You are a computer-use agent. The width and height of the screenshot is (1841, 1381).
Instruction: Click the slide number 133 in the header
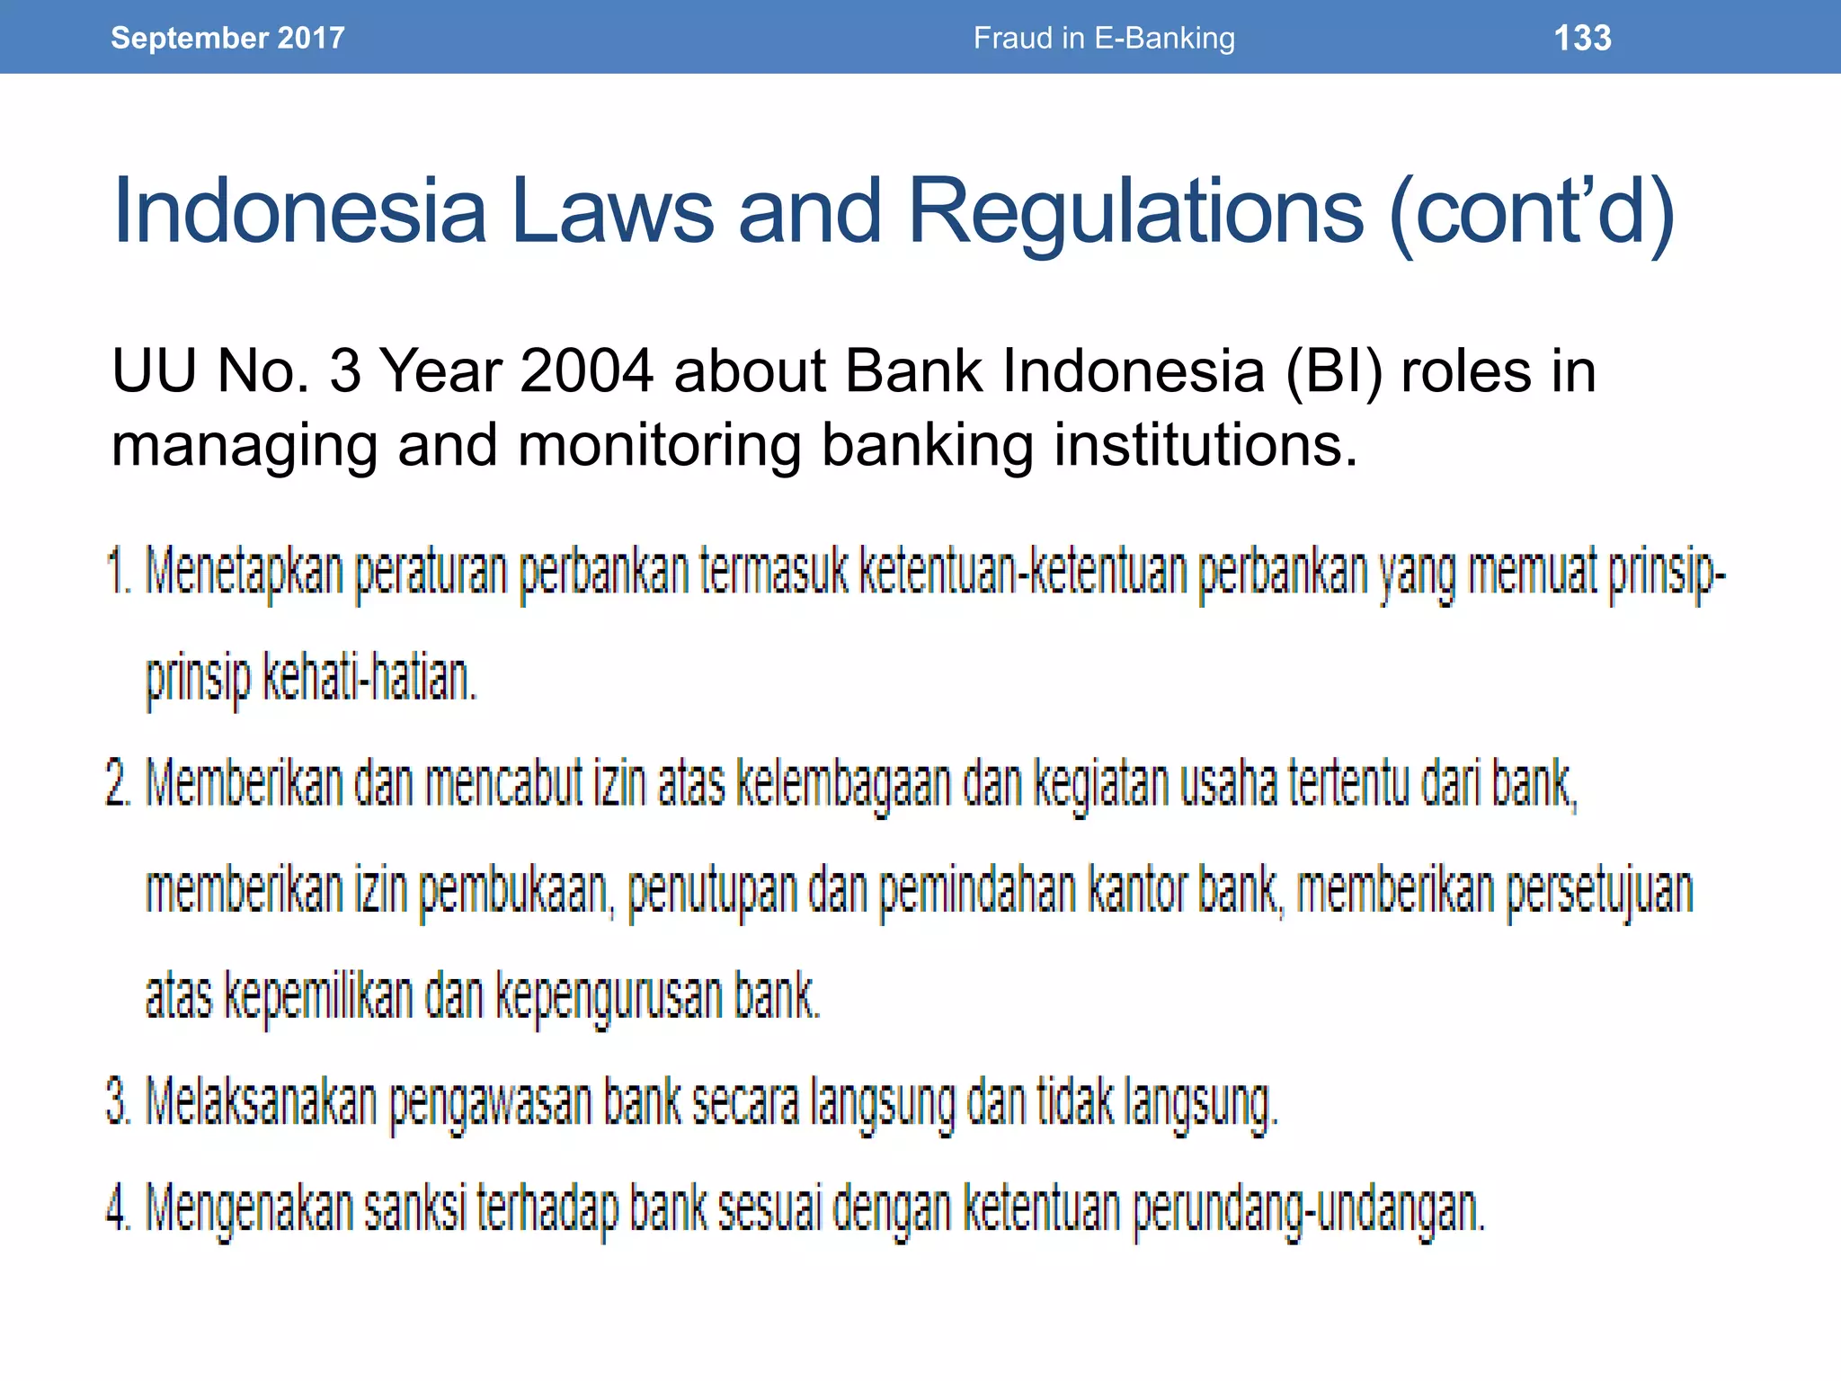(1582, 38)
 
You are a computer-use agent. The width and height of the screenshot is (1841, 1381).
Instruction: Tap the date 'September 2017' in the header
(227, 38)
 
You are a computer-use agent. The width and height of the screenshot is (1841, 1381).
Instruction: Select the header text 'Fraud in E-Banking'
(1104, 38)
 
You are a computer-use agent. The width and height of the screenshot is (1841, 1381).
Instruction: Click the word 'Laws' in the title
(611, 211)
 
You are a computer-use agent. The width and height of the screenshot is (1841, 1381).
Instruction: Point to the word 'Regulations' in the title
(1135, 211)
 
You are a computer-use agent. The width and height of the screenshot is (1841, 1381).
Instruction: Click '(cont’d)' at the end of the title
(1532, 211)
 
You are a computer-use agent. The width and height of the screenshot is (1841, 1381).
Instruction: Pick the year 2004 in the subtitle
(586, 370)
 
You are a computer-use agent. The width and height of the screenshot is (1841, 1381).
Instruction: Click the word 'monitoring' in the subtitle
(659, 445)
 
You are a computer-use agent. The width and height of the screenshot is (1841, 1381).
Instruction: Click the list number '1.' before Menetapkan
(119, 572)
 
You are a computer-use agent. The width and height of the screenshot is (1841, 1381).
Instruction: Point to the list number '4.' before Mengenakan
(119, 1207)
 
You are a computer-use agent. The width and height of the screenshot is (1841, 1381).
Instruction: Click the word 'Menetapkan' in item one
(245, 572)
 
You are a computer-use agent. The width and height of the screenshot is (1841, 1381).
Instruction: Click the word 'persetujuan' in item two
(1599, 890)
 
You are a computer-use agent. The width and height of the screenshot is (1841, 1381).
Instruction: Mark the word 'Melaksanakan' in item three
(261, 1102)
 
